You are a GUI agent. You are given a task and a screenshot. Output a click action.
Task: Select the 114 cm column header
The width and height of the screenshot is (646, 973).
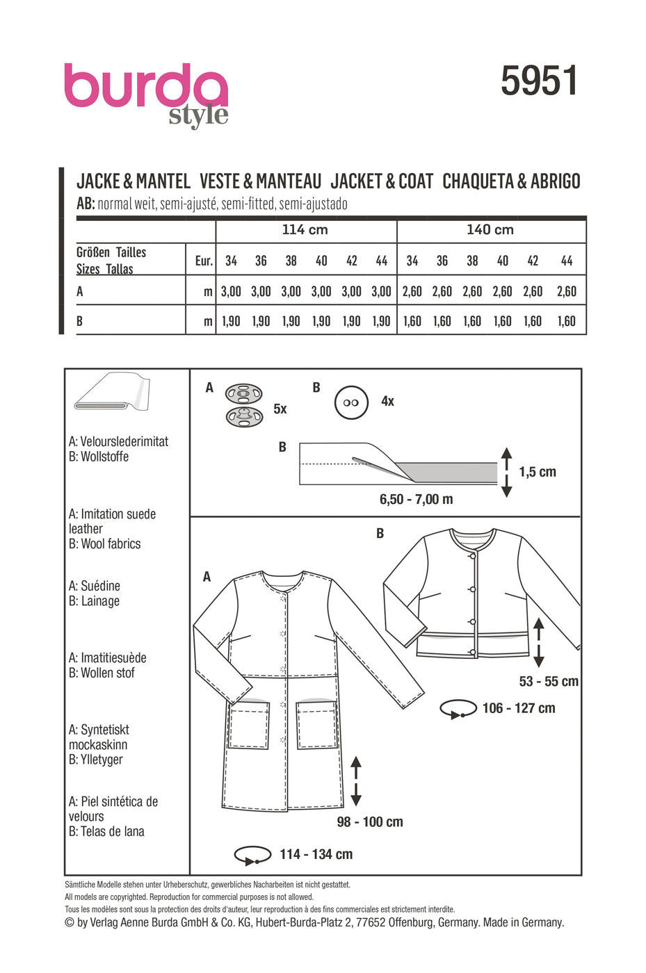305,230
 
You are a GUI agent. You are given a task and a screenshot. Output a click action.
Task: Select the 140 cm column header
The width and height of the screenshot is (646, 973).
490,230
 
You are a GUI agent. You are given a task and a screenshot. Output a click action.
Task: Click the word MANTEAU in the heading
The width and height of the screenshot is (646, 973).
288,181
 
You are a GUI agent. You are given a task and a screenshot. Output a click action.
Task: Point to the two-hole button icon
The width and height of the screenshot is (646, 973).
351,402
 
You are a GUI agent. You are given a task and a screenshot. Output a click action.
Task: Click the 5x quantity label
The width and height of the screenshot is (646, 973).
280,409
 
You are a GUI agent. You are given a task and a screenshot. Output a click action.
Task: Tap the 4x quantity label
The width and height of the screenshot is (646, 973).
387,401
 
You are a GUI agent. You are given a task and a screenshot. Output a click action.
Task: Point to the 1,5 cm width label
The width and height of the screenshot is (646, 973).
538,472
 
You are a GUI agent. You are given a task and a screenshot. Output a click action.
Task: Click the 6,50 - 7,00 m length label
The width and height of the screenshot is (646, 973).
416,499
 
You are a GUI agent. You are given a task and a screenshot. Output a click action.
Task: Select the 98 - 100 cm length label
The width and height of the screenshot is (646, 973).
370,822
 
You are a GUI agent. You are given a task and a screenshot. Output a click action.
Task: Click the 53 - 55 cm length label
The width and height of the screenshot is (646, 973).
549,682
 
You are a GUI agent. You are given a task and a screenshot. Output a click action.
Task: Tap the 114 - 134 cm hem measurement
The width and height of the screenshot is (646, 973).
316,854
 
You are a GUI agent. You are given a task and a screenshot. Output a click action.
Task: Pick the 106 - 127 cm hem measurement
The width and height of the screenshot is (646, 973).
519,708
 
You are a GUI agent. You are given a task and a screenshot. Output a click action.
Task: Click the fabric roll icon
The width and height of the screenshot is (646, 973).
112,393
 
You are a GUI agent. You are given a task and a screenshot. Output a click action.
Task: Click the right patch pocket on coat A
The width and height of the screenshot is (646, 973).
316,725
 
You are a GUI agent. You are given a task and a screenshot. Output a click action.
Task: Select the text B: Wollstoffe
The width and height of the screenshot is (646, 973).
99,457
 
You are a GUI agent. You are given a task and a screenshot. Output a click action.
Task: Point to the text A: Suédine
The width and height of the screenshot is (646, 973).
95,586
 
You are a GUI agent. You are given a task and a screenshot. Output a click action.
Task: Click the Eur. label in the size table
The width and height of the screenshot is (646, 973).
203,261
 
